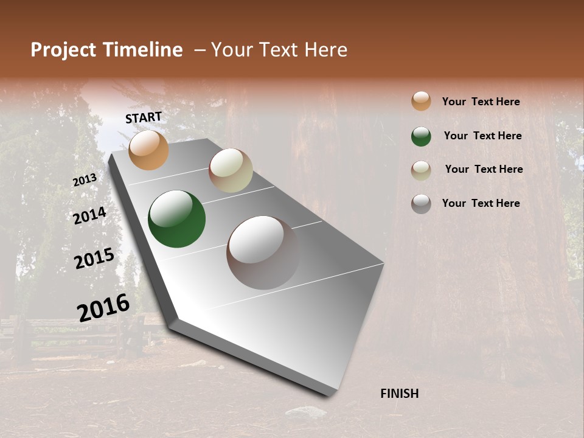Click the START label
[x=144, y=117]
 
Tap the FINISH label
[x=400, y=394]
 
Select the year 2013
[x=85, y=180]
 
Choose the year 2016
[x=103, y=307]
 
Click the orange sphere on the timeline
[x=148, y=150]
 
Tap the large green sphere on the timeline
[x=176, y=219]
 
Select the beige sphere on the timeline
[x=231, y=170]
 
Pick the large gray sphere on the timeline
[x=263, y=252]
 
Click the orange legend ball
[x=421, y=101]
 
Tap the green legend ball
[x=421, y=136]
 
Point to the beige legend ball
[x=421, y=170]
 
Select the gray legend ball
[x=421, y=204]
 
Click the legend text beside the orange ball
[x=481, y=102]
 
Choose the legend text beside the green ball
[x=483, y=136]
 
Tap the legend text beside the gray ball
[x=481, y=203]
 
